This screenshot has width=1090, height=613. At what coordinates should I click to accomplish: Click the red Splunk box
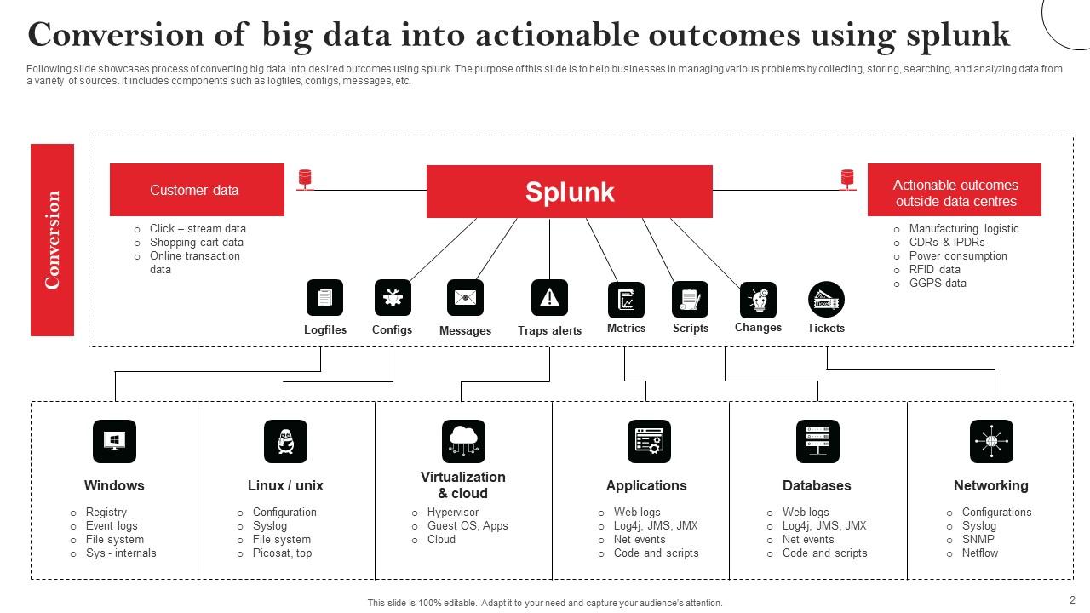click(569, 192)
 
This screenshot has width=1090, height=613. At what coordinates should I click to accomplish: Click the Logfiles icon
click(324, 298)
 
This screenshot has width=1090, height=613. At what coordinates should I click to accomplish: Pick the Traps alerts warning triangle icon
click(549, 298)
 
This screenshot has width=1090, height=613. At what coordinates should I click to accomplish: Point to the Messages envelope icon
click(465, 298)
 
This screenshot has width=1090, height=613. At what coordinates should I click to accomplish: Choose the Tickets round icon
click(825, 299)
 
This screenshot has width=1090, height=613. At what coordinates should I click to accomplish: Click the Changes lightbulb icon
click(757, 300)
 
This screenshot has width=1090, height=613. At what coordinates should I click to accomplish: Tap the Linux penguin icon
click(285, 441)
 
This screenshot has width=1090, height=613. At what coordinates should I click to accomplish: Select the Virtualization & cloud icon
click(463, 441)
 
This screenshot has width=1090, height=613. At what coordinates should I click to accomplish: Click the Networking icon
click(991, 441)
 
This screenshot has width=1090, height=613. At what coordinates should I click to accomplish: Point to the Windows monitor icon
click(114, 441)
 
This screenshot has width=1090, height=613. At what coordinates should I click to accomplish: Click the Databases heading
click(817, 485)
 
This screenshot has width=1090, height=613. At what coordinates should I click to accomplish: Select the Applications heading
click(646, 485)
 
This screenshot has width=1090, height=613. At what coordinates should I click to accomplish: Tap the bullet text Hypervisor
click(453, 513)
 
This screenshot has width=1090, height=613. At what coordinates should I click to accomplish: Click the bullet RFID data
click(934, 269)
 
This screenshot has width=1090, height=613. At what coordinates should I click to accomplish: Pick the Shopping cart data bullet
click(197, 242)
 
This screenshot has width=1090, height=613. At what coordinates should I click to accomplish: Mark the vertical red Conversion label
click(53, 240)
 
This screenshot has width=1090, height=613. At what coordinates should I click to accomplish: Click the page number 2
click(1072, 599)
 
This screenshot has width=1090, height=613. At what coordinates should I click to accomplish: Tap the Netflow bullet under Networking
click(980, 553)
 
